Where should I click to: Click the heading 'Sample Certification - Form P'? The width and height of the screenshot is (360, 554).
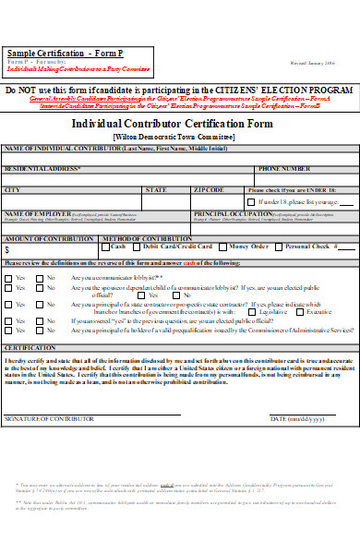[57, 54]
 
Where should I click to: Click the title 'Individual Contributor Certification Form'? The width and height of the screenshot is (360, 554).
[186, 123]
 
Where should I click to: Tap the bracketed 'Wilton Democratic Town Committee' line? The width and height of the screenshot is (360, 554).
[186, 136]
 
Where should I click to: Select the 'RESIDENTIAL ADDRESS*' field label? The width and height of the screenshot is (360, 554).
[42, 169]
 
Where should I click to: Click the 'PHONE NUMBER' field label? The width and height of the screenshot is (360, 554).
[284, 169]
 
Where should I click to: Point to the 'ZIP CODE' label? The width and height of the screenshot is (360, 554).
[209, 190]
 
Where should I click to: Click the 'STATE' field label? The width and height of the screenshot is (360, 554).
[156, 190]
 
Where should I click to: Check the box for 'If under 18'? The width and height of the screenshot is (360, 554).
[252, 201]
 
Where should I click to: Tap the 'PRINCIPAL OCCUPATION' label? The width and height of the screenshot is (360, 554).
[226, 214]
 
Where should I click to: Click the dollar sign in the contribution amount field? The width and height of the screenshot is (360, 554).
[7, 249]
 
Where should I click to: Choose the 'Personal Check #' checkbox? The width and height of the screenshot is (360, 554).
[280, 247]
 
